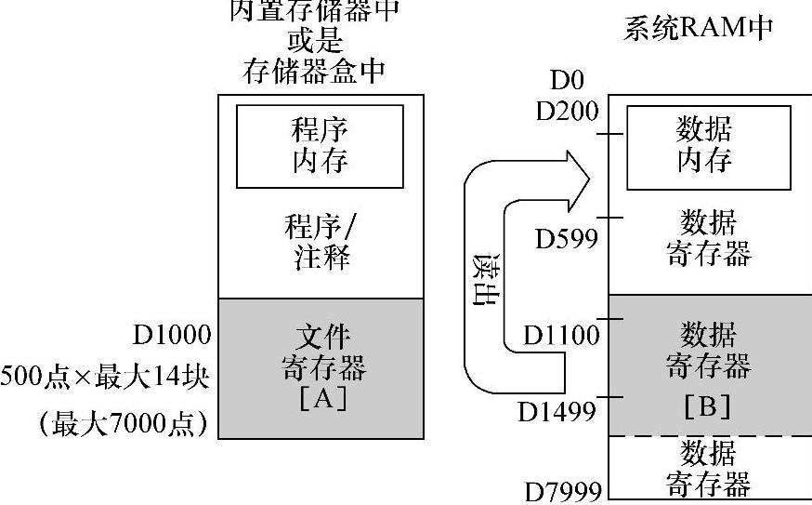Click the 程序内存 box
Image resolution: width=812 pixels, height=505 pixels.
(x=320, y=146)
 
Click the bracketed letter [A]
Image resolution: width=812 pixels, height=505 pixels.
(x=321, y=400)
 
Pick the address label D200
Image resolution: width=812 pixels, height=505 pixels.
(x=568, y=111)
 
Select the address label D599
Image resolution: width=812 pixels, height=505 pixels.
(x=565, y=239)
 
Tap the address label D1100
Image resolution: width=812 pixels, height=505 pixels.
(x=560, y=334)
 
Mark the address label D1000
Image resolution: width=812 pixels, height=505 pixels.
(x=173, y=334)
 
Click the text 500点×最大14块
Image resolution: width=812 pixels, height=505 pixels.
(x=105, y=378)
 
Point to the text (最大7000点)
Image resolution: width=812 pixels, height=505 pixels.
(x=124, y=423)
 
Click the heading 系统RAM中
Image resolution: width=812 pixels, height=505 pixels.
(x=698, y=29)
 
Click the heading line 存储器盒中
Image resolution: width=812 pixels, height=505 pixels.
(x=313, y=71)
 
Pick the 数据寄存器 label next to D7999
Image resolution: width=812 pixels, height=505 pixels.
(x=708, y=468)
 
